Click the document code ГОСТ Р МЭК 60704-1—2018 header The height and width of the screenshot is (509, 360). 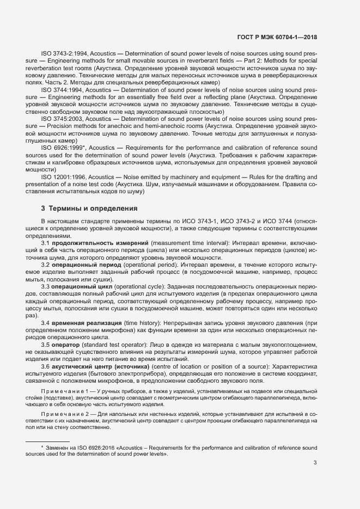click(x=277, y=38)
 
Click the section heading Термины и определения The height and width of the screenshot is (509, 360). click(x=93, y=208)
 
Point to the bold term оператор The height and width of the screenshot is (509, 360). click(x=68, y=345)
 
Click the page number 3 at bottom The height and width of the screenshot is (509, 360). click(x=315, y=464)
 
